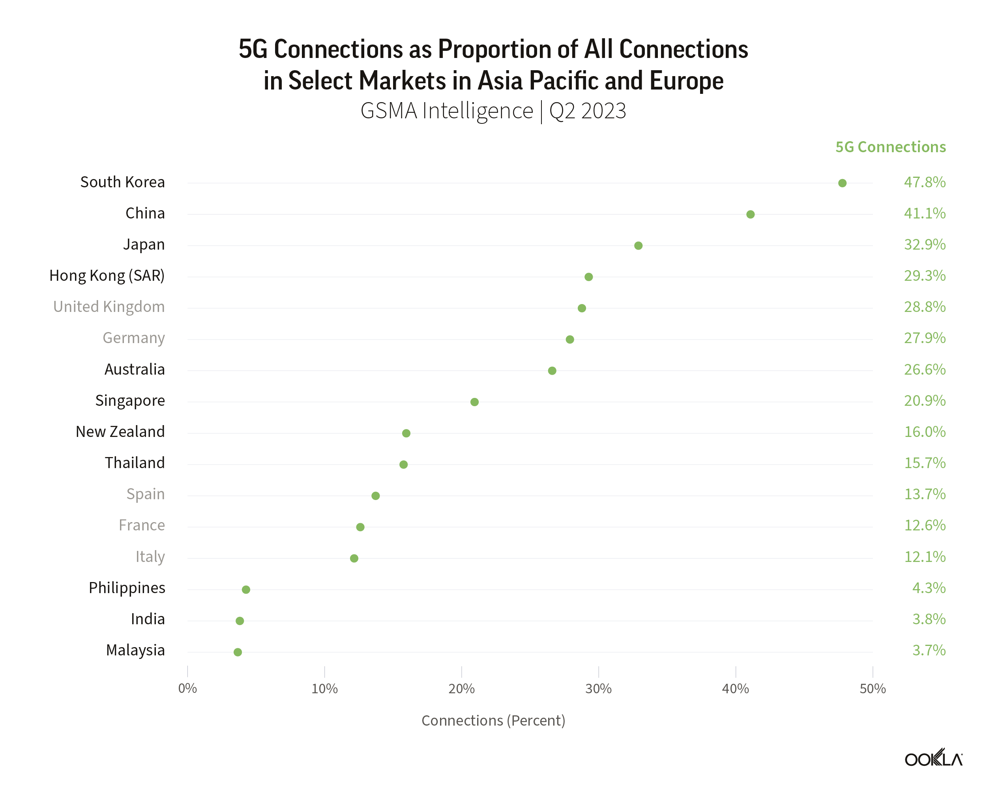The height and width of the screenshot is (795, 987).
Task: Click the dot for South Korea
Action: point(842,183)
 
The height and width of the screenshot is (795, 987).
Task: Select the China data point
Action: point(750,214)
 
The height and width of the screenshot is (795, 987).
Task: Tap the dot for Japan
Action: point(638,245)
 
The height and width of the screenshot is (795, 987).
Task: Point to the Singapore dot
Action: point(474,401)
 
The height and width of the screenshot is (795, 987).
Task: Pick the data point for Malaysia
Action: point(237,652)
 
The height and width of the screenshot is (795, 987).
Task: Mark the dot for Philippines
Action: point(245,590)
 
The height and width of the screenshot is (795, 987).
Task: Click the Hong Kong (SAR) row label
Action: point(107,276)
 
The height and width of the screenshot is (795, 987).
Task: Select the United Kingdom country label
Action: point(109,307)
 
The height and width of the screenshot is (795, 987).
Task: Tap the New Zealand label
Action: point(120,432)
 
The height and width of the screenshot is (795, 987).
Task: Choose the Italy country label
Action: point(150,557)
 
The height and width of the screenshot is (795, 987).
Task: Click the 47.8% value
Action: point(924,182)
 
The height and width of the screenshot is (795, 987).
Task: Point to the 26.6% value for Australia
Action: point(924,370)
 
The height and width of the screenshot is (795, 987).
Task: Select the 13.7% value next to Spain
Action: point(924,494)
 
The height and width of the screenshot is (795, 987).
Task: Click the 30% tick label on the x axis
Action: point(598,689)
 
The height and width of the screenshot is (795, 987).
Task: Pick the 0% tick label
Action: point(187,689)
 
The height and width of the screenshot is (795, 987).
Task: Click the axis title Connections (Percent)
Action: point(493,720)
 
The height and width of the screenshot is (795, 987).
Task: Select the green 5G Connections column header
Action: point(890,147)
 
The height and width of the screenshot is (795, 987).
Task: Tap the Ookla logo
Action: point(933,759)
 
